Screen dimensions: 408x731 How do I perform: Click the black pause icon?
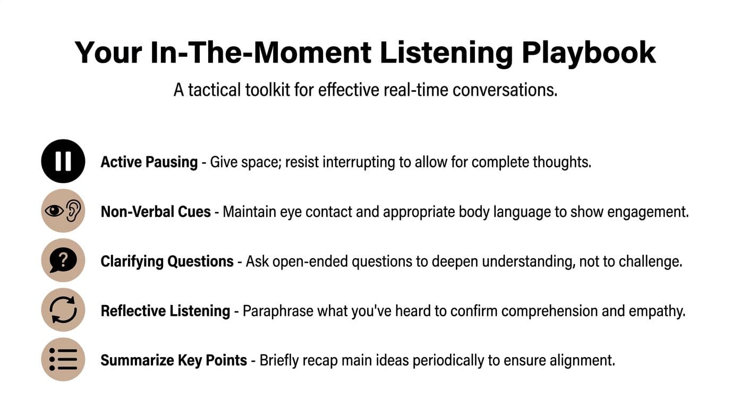click(x=63, y=161)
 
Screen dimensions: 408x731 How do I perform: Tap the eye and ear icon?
click(x=63, y=211)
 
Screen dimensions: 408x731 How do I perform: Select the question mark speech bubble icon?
click(x=63, y=260)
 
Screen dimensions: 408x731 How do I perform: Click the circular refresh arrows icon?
click(x=63, y=310)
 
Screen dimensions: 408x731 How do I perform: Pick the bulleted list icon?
click(x=63, y=360)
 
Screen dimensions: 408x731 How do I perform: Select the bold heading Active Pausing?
click(x=149, y=162)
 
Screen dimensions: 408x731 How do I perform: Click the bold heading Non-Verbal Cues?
click(x=156, y=212)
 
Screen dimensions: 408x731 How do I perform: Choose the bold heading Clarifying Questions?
click(x=167, y=261)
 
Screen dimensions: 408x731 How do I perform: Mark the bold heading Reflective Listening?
click(x=165, y=311)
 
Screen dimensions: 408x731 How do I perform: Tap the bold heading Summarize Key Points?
click(x=174, y=361)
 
